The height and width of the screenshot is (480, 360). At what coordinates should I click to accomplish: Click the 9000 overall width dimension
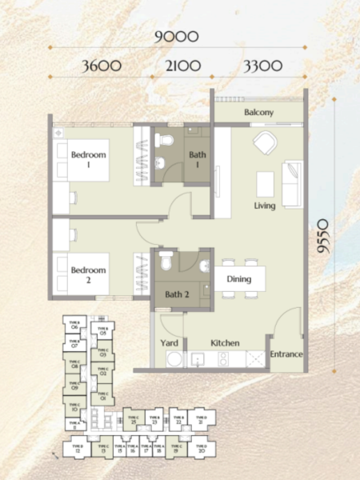177,35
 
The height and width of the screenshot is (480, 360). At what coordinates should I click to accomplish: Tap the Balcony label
259,113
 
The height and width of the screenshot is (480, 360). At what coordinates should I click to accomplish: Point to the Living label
265,206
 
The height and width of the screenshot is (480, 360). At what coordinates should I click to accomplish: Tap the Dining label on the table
239,279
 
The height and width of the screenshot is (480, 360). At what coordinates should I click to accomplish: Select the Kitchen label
225,342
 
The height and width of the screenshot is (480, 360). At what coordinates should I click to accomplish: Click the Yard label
170,342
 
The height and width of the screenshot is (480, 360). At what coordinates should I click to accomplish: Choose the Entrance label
286,354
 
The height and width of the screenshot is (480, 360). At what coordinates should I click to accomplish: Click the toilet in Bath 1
165,142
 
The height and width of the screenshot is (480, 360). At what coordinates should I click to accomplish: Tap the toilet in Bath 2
166,260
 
